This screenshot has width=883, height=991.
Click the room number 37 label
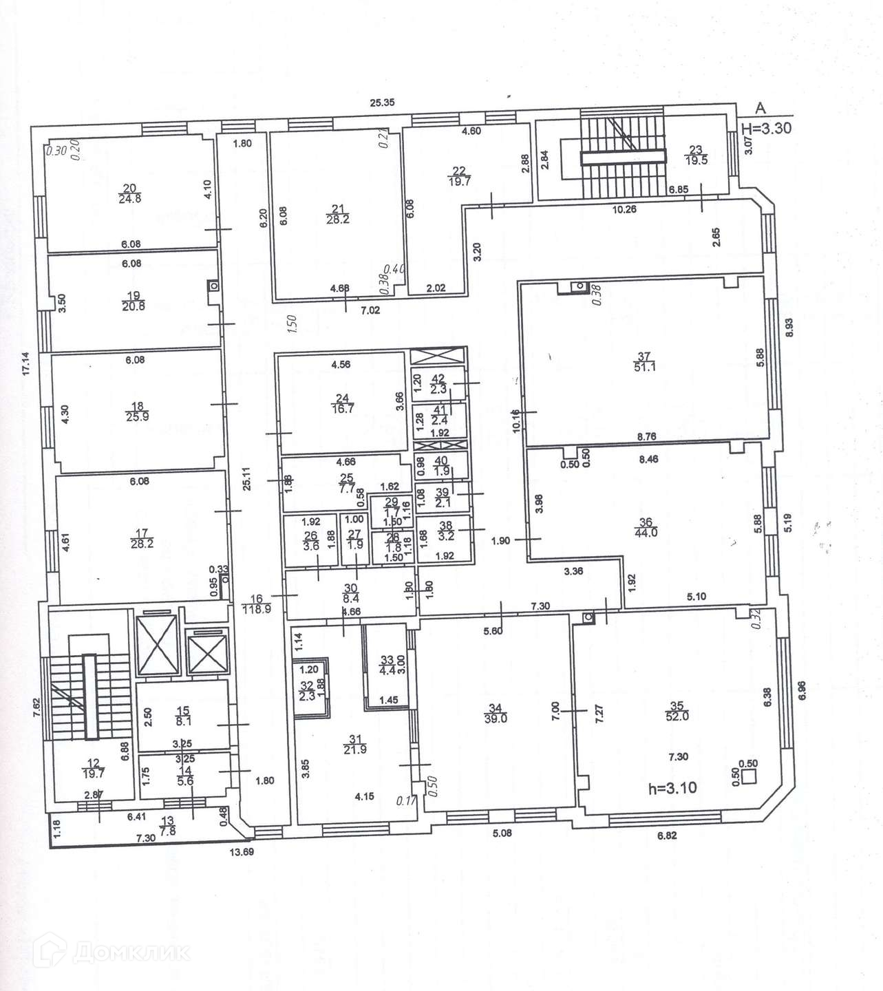(x=644, y=356)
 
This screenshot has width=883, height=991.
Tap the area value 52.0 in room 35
(x=677, y=716)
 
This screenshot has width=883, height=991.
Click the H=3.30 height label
(x=768, y=127)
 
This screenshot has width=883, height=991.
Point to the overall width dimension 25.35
(x=382, y=103)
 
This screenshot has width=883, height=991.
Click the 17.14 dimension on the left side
(x=26, y=363)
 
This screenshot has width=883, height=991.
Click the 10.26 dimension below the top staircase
(x=624, y=210)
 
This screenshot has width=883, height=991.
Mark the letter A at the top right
(x=760, y=107)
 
